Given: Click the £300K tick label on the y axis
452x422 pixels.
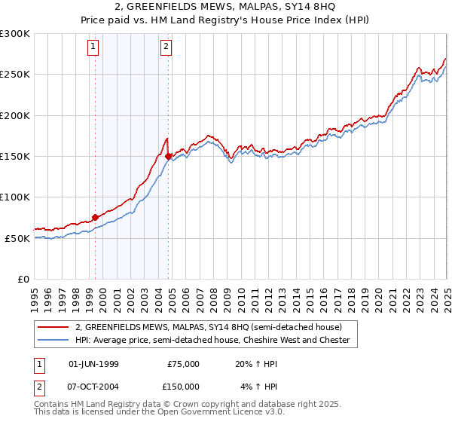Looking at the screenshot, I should pyautogui.click(x=14, y=34).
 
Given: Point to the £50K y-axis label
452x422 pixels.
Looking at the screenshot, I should pyautogui.click(x=17, y=238).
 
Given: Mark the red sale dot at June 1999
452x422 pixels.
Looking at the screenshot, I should pyautogui.click(x=95, y=217).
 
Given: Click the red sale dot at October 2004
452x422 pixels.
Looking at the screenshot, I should pyautogui.click(x=169, y=156).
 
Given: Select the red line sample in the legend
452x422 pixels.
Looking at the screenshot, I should pyautogui.click(x=53, y=327).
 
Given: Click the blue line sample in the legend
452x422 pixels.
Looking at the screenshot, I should pyautogui.click(x=53, y=341).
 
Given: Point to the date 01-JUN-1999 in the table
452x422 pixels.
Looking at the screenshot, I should pyautogui.click(x=93, y=364).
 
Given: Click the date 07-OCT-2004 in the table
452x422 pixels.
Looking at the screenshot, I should pyautogui.click(x=93, y=388).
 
